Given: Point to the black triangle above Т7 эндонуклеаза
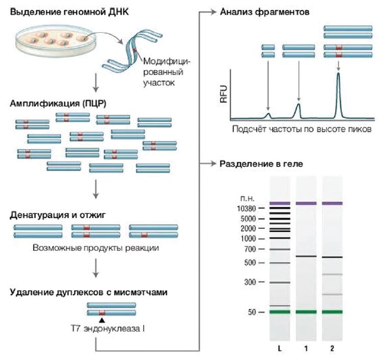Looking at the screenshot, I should click(x=101, y=321).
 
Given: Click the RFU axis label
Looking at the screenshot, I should click(x=223, y=95).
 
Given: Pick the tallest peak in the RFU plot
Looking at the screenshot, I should click(x=338, y=77).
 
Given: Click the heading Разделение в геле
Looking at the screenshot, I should click(x=261, y=164).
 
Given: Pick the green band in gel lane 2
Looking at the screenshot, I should click(x=332, y=311).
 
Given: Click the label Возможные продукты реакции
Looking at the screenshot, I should click(x=96, y=248).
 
